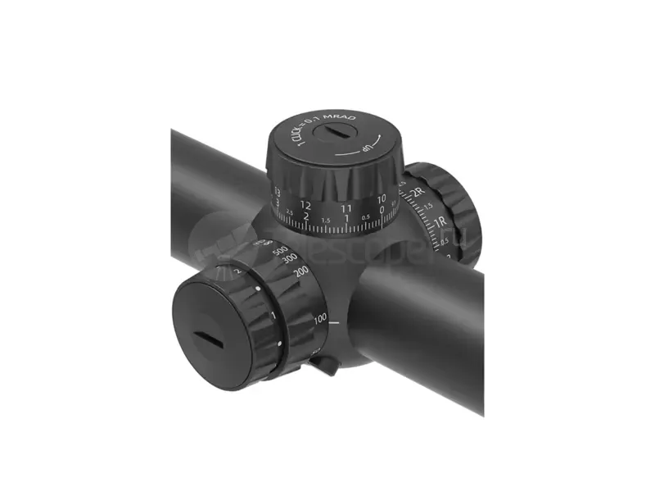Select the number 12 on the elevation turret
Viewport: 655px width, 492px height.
click(x=305, y=204)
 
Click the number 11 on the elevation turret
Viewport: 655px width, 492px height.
click(x=346, y=208)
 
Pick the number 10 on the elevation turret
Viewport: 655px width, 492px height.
click(x=382, y=199)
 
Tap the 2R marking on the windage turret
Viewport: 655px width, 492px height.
click(x=418, y=193)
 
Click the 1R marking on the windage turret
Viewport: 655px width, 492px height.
click(x=439, y=222)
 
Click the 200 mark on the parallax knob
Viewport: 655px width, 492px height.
click(x=300, y=272)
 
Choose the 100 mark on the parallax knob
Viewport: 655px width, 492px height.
click(x=320, y=318)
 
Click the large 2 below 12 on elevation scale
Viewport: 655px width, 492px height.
click(x=305, y=216)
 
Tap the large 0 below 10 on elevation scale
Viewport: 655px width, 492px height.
click(x=382, y=210)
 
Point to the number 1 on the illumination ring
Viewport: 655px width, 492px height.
click(x=272, y=315)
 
